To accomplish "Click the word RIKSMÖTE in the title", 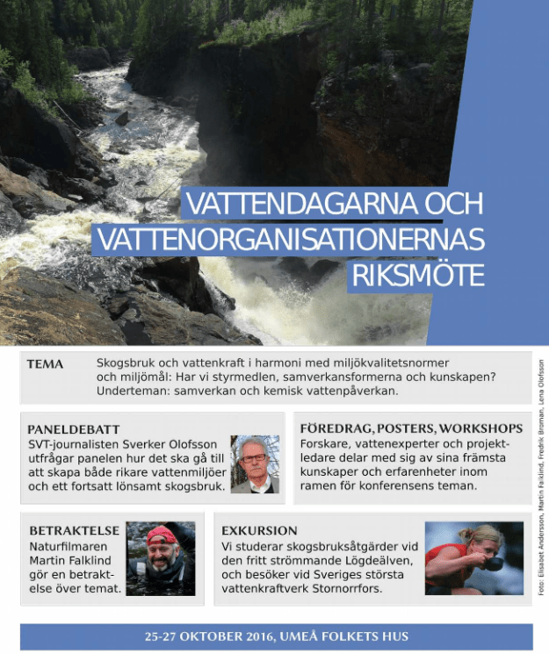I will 418,275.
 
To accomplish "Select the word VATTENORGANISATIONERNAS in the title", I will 290,240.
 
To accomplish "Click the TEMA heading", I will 45,363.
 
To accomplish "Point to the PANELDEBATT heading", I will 73,429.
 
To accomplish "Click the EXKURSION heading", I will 260,531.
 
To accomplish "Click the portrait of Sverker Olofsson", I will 255,464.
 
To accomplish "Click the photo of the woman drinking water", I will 473,558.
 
